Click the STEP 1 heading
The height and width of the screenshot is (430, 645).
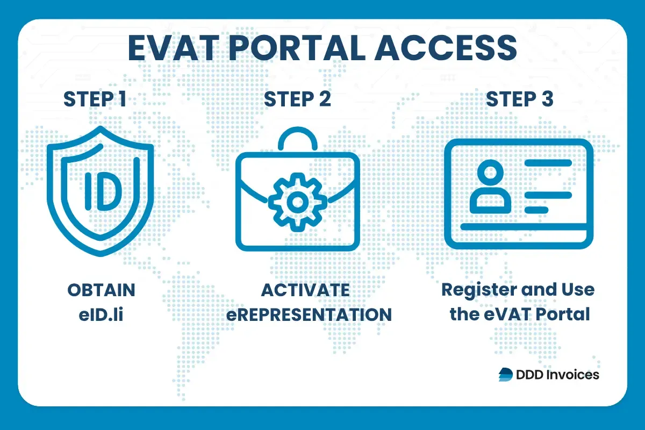[x=95, y=99]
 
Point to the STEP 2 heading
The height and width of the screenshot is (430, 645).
[x=297, y=99]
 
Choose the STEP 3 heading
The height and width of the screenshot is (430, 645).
[x=519, y=99]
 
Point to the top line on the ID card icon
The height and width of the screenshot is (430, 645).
[x=548, y=162]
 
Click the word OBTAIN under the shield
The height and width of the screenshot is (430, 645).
[x=101, y=290]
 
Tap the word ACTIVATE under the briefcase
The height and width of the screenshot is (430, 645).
[x=305, y=290]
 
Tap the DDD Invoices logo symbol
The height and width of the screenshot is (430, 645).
[x=506, y=375]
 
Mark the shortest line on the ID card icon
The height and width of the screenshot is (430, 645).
[x=536, y=209]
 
